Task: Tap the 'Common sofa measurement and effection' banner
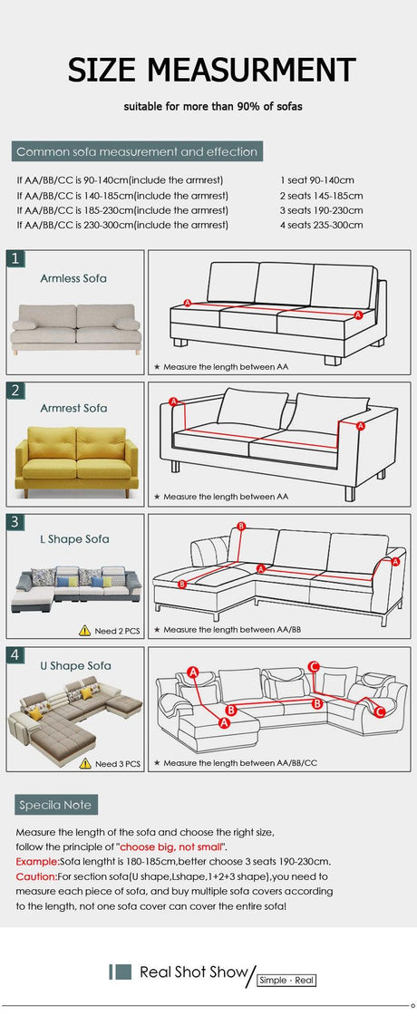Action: tap(137, 151)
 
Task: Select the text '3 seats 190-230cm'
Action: tap(322, 210)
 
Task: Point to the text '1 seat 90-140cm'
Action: tap(317, 180)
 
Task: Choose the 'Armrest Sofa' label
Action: tap(74, 408)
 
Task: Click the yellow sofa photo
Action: tap(76, 461)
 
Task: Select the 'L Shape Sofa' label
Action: tap(74, 539)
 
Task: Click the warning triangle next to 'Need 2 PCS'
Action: tap(85, 630)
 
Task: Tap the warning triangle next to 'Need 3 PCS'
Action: tap(85, 763)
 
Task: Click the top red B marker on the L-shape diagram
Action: tap(241, 527)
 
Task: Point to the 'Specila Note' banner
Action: tap(56, 806)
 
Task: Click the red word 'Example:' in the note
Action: tap(37, 862)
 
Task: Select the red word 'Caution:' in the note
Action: tap(36, 876)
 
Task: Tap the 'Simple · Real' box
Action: tap(286, 981)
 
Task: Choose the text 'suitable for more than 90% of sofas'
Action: tap(213, 106)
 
